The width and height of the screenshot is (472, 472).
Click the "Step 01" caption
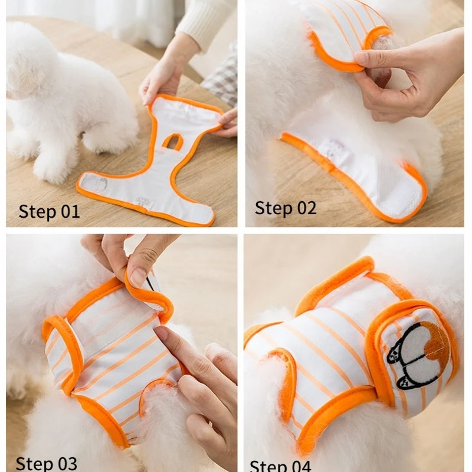click(49, 211)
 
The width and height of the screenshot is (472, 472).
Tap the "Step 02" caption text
click(286, 208)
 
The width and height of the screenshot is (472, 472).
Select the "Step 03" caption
click(47, 463)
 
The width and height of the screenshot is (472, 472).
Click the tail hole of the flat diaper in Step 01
click(173, 141)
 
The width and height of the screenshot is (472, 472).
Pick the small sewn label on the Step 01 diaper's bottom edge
click(142, 203)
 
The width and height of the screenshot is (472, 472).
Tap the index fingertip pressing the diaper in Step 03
click(162, 336)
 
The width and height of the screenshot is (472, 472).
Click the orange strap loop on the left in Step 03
click(62, 348)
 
